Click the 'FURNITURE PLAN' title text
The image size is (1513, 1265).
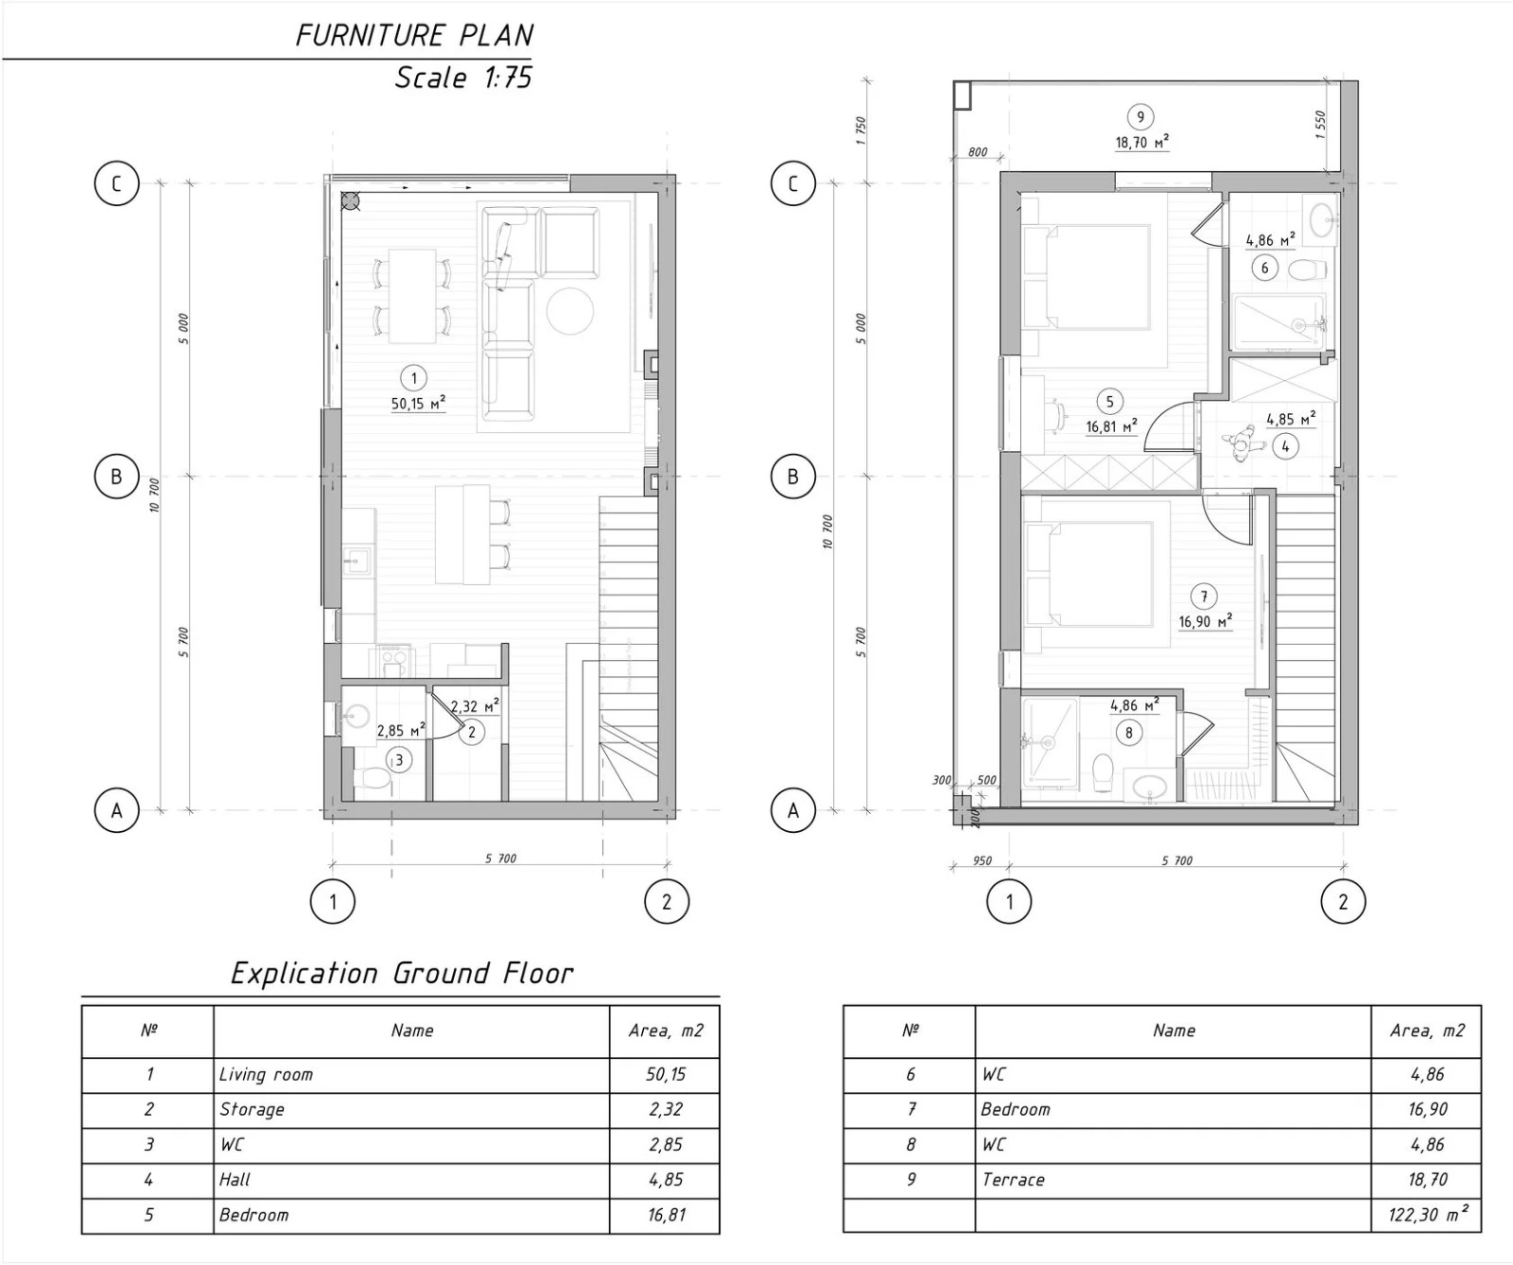(414, 35)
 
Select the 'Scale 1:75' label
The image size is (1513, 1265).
(463, 77)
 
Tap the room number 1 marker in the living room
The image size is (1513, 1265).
(413, 379)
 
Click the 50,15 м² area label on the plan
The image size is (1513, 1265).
(418, 404)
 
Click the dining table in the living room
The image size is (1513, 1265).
(413, 296)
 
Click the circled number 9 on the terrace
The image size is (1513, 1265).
(1140, 117)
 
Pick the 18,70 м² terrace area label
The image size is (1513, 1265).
(1141, 143)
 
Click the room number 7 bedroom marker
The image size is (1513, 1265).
(1204, 597)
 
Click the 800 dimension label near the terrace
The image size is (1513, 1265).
(978, 152)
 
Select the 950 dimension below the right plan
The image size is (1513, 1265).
(983, 860)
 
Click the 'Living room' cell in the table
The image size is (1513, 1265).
(266, 1075)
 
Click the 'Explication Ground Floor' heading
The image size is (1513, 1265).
(402, 973)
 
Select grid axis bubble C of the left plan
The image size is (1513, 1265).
(116, 183)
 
